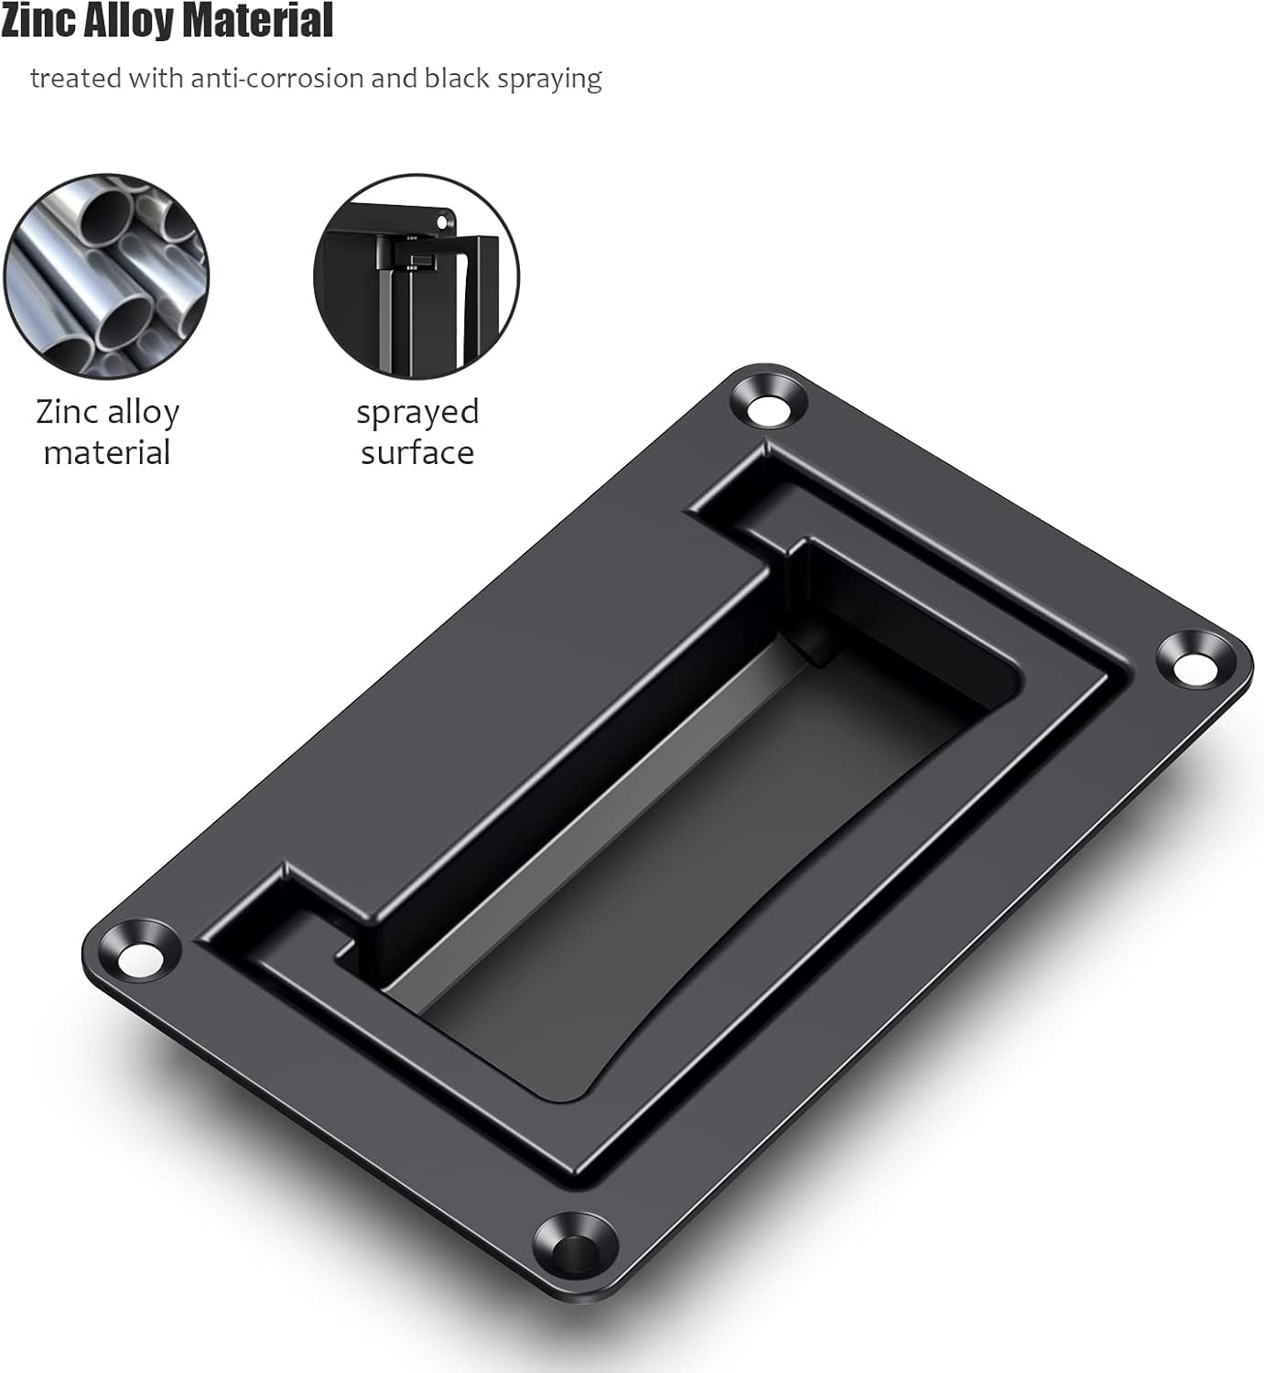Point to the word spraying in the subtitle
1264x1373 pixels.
click(x=549, y=79)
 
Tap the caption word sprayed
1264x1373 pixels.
click(x=417, y=413)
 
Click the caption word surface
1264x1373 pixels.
click(x=417, y=453)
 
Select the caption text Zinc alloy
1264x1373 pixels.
click(x=107, y=412)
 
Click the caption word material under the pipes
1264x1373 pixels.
click(x=107, y=453)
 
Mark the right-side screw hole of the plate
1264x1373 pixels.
click(x=1191, y=661)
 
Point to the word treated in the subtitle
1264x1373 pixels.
click(x=75, y=79)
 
